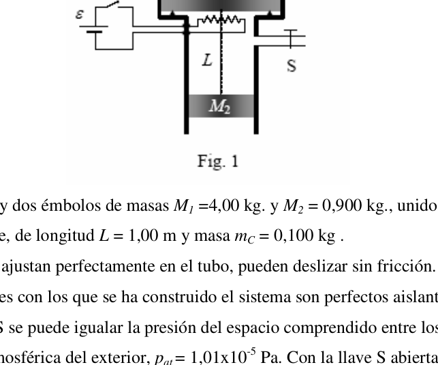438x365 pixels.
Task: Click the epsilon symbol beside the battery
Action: [x=79, y=14]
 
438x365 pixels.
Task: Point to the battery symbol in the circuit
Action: [x=94, y=29]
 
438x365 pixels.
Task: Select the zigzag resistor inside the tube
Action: [x=221, y=20]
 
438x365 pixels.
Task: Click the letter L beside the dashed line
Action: [x=207, y=60]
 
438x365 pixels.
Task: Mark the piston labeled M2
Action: [x=221, y=106]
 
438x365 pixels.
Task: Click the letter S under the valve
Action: [x=292, y=66]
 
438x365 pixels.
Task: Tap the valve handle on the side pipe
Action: [x=291, y=39]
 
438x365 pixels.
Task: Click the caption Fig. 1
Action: [x=218, y=161]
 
